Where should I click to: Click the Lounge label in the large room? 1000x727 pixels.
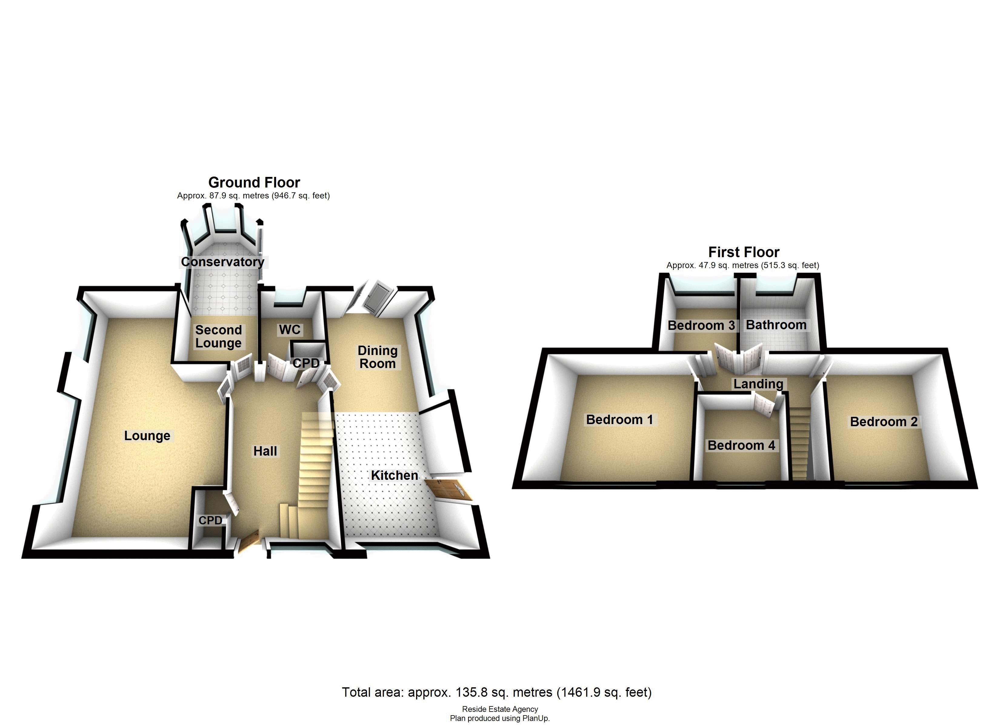pyautogui.click(x=147, y=435)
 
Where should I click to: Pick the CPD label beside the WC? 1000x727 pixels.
pyautogui.click(x=306, y=363)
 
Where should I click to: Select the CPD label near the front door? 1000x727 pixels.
pyautogui.click(x=210, y=520)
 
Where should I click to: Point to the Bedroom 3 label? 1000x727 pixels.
pyautogui.click(x=701, y=325)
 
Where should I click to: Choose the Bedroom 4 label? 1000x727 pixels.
pyautogui.click(x=741, y=445)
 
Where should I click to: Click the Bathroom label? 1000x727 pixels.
pyautogui.click(x=776, y=325)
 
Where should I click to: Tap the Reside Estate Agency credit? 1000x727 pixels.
pyautogui.click(x=500, y=709)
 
